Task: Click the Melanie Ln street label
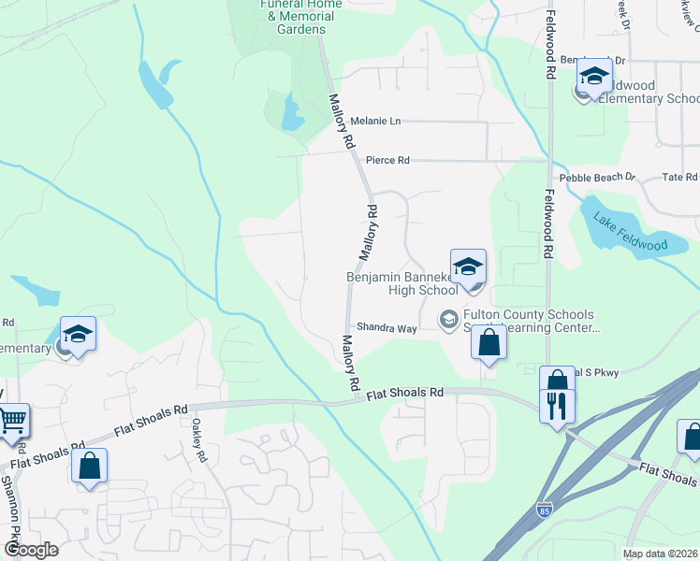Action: [x=375, y=122]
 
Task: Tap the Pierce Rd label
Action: [x=387, y=161]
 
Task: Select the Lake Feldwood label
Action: [x=630, y=232]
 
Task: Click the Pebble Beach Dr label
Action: [x=597, y=177]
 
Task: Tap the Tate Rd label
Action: [x=679, y=177]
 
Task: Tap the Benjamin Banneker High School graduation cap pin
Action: [x=468, y=265]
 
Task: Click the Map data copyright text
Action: [x=659, y=554]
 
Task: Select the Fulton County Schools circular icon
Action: [x=448, y=321]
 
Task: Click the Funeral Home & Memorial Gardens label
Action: [x=300, y=17]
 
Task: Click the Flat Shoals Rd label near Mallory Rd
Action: [x=404, y=394]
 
